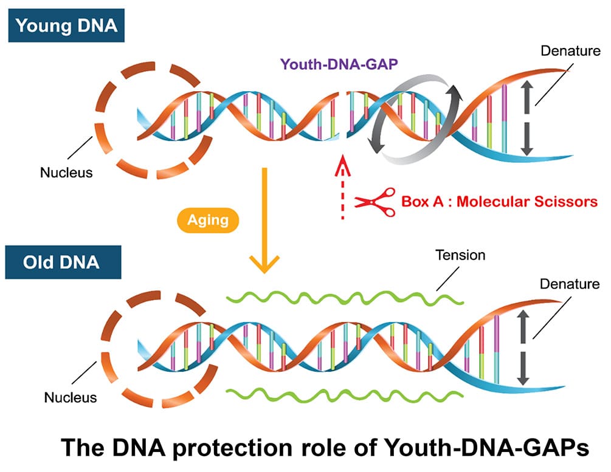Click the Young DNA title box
coord(66,26)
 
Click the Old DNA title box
coord(63,262)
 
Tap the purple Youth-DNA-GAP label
coord(339,64)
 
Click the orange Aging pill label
coord(208,220)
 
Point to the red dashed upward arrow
coord(342,187)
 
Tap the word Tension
coord(460,255)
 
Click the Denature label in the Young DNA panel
coord(570,50)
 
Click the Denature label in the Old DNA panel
coord(570,284)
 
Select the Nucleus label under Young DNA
coord(66,173)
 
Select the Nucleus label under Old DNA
coord(71,398)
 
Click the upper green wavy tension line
coord(345,298)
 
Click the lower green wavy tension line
coord(345,395)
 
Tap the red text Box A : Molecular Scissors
coord(499,201)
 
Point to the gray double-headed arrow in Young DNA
coord(527,118)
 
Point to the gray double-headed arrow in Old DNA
coord(523,347)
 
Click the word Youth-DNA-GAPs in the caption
coord(486,447)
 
